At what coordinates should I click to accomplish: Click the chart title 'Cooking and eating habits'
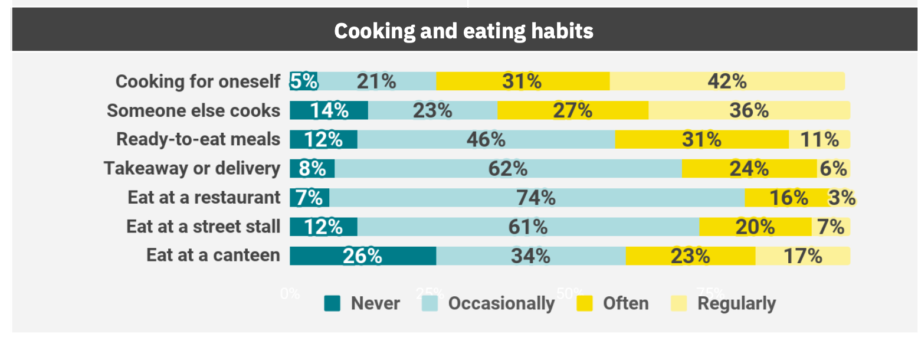463,31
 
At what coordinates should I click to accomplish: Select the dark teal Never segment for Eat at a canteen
362,256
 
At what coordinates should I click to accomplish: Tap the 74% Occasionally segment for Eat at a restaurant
536,198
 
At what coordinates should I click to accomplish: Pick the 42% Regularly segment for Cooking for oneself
726,81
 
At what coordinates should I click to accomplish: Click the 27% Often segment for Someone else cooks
572,110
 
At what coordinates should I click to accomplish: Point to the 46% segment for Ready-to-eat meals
486,139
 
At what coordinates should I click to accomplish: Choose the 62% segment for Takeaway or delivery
507,169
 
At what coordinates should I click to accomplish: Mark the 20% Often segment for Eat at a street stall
755,227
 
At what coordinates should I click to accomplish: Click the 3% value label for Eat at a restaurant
841,198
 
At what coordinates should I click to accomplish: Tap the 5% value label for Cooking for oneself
304,81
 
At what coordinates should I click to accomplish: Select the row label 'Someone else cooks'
193,110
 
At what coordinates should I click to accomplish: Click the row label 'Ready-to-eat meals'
198,139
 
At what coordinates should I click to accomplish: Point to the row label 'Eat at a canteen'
213,256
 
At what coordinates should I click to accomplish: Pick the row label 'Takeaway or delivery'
192,169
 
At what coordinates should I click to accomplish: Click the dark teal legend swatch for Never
332,303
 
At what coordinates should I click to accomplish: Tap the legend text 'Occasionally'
501,303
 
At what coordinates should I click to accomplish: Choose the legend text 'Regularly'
736,303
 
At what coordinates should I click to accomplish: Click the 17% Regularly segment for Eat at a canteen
802,256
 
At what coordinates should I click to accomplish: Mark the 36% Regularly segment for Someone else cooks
749,110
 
